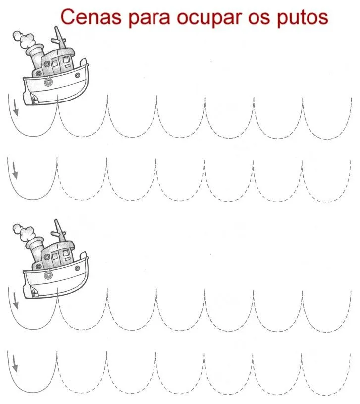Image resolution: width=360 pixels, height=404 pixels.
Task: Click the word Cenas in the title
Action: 91,17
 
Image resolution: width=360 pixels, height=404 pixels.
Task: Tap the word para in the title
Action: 149,19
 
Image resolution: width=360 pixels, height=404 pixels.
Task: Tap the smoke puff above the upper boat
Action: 24,40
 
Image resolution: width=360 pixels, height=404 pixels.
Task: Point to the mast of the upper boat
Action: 60,38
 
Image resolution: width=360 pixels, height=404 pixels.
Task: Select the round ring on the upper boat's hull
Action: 48,82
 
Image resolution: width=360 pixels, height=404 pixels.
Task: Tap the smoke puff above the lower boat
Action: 24,233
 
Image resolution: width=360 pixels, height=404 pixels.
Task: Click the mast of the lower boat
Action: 60,231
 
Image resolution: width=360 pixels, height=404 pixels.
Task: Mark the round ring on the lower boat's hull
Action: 48,275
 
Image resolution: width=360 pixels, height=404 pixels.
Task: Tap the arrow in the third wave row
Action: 16,301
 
